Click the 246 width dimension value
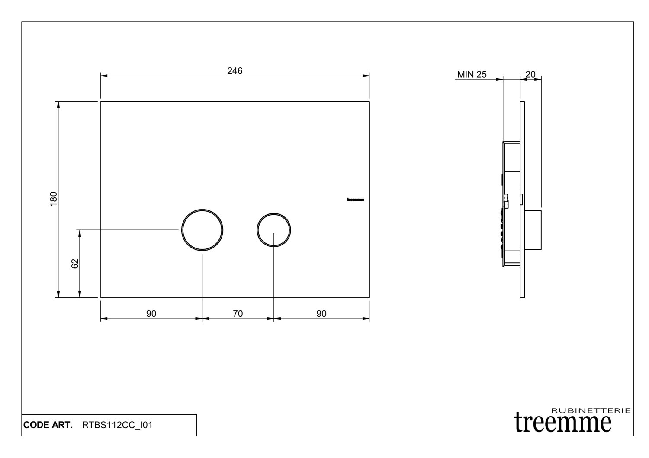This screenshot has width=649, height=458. (x=235, y=71)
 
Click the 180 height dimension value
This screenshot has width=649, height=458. (x=54, y=199)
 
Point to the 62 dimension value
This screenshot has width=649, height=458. (x=75, y=264)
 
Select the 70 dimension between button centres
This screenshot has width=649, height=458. (x=238, y=314)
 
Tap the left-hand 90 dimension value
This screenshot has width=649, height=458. (x=151, y=314)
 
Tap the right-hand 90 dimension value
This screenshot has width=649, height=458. (x=321, y=314)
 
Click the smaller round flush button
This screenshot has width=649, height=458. (x=273, y=229)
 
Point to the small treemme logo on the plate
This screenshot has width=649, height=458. (x=355, y=200)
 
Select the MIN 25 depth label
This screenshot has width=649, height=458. (x=472, y=75)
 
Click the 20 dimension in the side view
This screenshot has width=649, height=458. (x=530, y=74)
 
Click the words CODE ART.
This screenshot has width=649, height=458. (x=48, y=425)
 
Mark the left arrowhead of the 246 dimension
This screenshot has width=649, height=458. (x=104, y=76)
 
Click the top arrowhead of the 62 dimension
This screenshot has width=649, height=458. (x=80, y=233)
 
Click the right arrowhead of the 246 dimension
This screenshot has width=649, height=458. (x=366, y=76)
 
